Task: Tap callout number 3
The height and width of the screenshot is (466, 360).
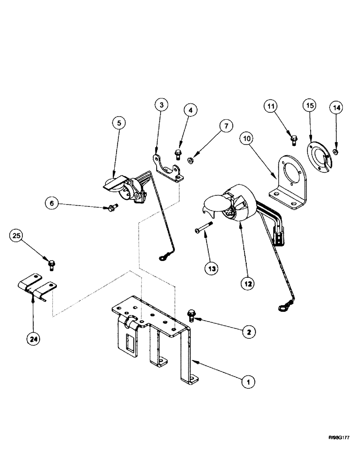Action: point(160,106)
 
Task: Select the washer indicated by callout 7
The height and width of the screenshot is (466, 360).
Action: point(192,161)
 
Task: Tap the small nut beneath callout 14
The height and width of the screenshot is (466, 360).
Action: point(336,151)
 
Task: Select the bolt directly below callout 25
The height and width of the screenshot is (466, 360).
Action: point(51,265)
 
